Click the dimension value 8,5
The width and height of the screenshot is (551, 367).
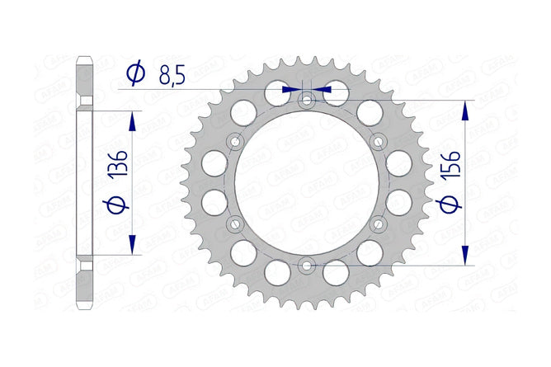tap(172, 75)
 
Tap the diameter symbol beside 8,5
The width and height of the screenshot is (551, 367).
tap(135, 73)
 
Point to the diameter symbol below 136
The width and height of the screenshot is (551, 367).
tap(117, 205)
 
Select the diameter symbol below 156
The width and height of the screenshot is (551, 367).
tap(450, 205)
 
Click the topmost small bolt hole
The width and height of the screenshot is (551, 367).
tap(307, 101)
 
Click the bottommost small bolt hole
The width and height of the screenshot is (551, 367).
tap(307, 266)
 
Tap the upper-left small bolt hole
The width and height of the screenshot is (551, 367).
tap(235, 142)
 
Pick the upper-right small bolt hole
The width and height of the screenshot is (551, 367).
tap(379, 142)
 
